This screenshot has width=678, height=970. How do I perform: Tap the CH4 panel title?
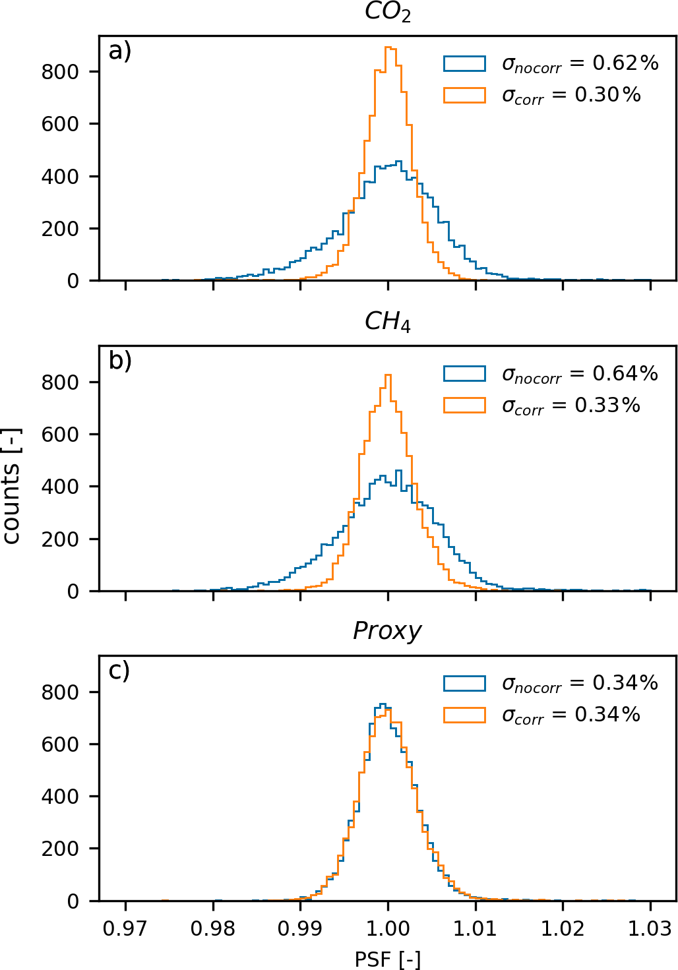tap(388, 322)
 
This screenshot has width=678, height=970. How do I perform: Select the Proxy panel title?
tap(387, 631)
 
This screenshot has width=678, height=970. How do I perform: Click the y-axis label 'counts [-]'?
tap(12, 485)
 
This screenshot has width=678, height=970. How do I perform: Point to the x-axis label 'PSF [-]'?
tap(387, 958)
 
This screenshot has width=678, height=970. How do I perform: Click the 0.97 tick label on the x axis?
tap(125, 928)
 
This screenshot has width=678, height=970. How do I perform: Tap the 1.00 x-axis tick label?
tap(388, 928)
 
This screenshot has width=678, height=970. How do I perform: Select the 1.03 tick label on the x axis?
tap(650, 928)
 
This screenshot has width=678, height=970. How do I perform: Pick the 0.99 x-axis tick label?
tap(300, 928)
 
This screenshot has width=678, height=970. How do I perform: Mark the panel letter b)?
tap(120, 361)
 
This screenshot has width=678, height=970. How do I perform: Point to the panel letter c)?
tap(119, 671)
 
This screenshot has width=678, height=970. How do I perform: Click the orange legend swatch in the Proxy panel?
tap(464, 715)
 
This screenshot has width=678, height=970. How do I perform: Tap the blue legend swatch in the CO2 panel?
tap(464, 63)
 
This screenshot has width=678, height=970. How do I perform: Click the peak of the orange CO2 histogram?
tap(389, 47)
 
